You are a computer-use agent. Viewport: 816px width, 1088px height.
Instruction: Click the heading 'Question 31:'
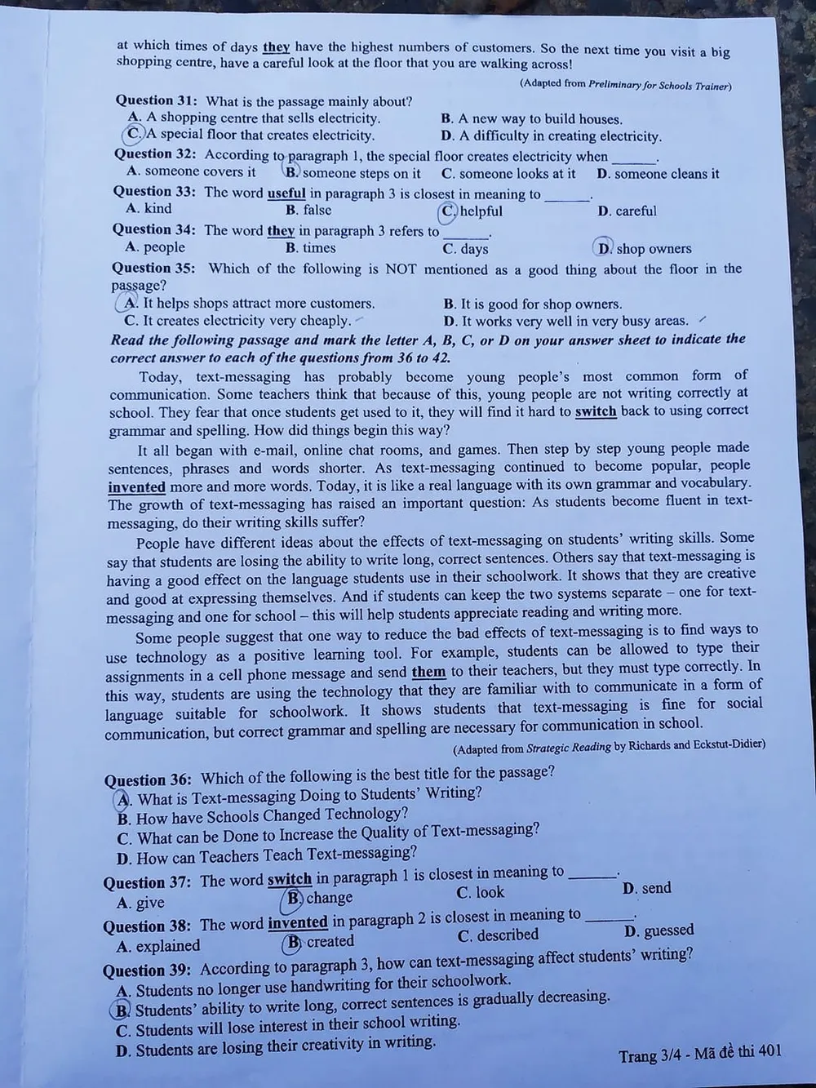pyautogui.click(x=155, y=100)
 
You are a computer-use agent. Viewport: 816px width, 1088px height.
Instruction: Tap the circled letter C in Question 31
pyautogui.click(x=133, y=135)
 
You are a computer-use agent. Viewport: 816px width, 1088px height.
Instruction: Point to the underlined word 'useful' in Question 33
pyautogui.click(x=286, y=193)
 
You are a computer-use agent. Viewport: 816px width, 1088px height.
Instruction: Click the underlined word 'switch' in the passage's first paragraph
pyautogui.click(x=596, y=411)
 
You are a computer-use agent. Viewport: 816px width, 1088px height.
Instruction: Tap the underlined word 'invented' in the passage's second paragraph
pyautogui.click(x=136, y=487)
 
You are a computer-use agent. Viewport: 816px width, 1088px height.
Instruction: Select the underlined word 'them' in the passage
pyautogui.click(x=428, y=673)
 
